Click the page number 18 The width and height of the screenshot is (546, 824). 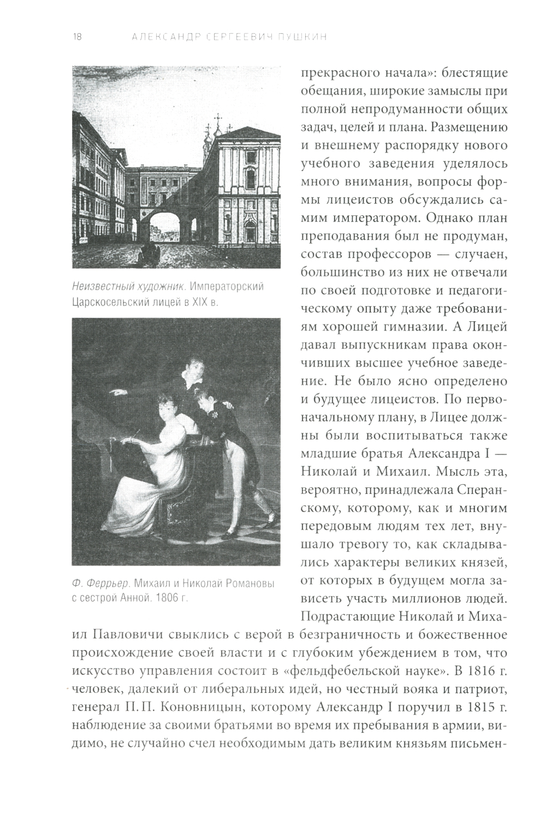(76, 37)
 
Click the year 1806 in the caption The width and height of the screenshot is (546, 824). (168, 598)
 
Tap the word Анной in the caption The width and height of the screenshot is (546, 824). (132, 598)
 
